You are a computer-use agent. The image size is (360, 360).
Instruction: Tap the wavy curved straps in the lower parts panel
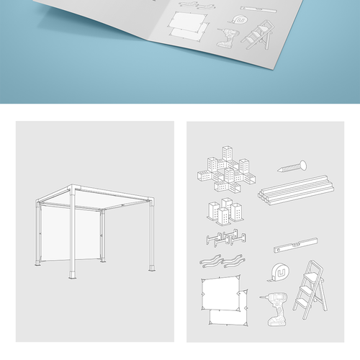click(x=224, y=260)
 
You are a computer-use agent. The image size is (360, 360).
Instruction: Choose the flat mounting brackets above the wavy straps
click(x=224, y=238)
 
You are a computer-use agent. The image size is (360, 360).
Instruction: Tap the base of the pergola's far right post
click(x=152, y=268)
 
